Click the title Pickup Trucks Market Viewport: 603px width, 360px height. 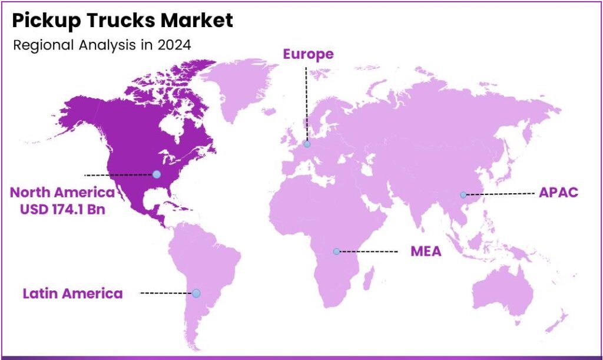click(x=122, y=21)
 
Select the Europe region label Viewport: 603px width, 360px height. click(x=308, y=55)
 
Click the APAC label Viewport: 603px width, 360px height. click(x=559, y=193)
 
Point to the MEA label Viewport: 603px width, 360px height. click(x=426, y=252)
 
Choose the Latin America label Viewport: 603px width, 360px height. click(x=73, y=293)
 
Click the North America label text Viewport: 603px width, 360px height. click(x=62, y=192)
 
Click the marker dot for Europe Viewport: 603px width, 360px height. click(x=307, y=144)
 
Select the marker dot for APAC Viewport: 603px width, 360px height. click(x=463, y=194)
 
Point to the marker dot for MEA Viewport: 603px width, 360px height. click(x=336, y=252)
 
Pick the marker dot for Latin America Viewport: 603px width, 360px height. click(x=196, y=293)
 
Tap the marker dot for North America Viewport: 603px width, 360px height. click(x=156, y=174)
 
